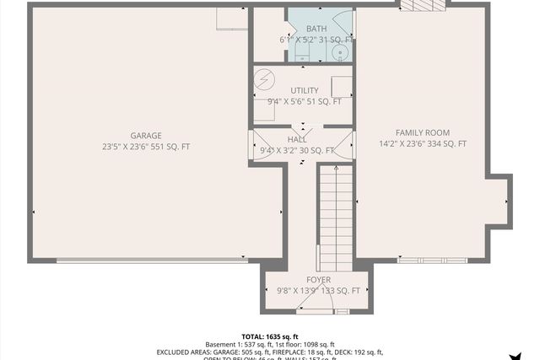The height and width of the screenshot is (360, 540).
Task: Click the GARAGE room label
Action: (x=146, y=136)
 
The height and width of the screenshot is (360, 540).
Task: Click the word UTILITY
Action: (x=304, y=90)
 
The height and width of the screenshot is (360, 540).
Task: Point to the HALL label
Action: (x=297, y=140)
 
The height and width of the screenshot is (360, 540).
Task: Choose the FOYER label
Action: (x=318, y=280)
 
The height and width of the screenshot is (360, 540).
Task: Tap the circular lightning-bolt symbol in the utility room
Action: (x=265, y=78)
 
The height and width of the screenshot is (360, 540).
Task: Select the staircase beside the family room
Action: (x=335, y=215)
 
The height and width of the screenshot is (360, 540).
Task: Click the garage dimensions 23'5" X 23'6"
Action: (x=125, y=147)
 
